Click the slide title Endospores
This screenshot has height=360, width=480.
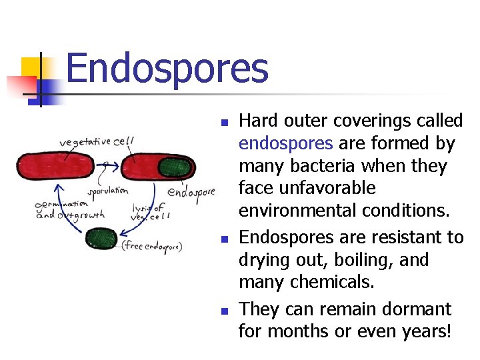167,69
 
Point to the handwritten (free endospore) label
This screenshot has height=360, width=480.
152,246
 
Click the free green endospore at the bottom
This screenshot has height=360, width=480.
101,238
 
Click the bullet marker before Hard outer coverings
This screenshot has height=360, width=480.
225,123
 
